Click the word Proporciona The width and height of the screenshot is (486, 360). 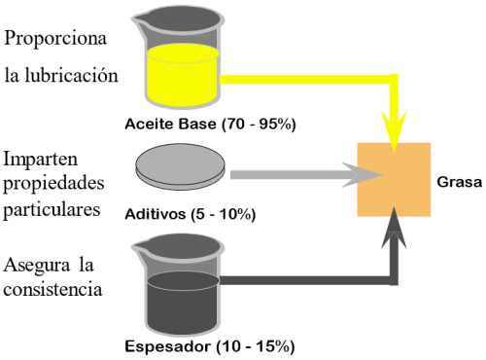pos(55,39)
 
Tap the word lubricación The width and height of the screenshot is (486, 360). pos(72,75)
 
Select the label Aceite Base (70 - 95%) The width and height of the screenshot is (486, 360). pos(210,125)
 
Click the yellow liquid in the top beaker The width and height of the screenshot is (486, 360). pos(182,75)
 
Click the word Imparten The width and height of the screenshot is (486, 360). pos(41,160)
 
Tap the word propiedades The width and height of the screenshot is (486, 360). pos(53,184)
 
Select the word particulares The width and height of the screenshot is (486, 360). pos(52,209)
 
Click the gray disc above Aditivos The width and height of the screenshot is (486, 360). pos(180,166)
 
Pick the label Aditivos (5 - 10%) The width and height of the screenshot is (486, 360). pos(191,214)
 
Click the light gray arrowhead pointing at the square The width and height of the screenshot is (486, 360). pos(363,175)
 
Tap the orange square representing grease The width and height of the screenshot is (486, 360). pos(394,179)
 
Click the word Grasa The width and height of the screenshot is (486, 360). pos(460,182)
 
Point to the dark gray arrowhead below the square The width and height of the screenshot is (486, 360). pos(394,228)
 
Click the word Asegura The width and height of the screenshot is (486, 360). pos(37,266)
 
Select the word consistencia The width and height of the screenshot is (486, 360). pos(52,289)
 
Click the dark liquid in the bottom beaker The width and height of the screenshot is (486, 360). pos(182,303)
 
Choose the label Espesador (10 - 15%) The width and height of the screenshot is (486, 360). pos(210,346)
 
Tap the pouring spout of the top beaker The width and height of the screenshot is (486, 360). pos(140,20)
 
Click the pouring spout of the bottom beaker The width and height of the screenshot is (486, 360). pos(140,248)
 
